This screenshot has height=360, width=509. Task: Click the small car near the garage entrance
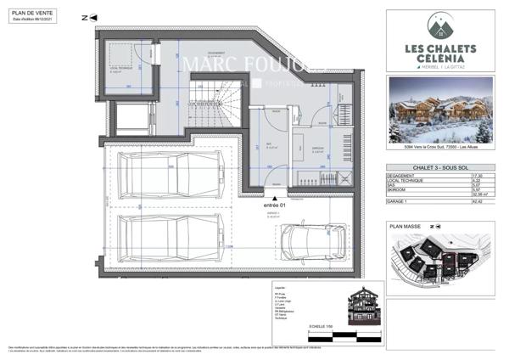[x=310, y=244]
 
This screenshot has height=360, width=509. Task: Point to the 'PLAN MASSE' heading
[x=406, y=227]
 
